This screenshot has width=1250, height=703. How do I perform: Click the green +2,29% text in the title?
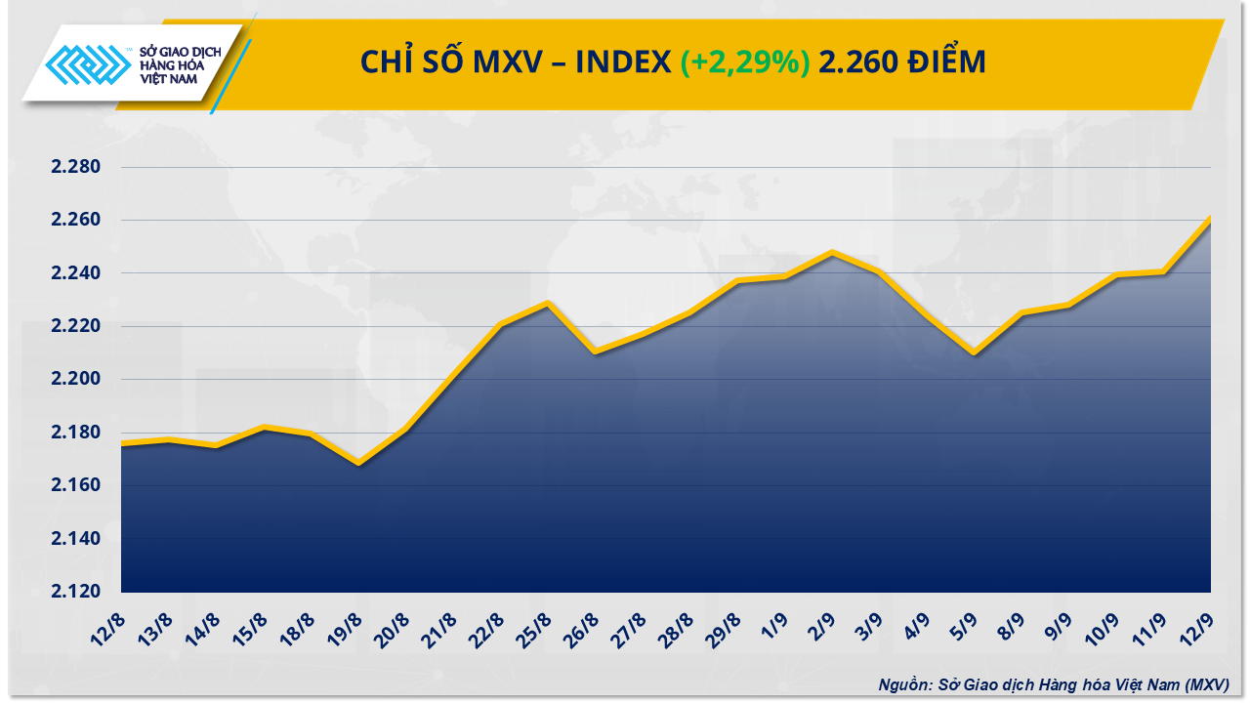pos(745,62)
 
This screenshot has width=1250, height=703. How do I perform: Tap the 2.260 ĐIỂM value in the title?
pos(902,62)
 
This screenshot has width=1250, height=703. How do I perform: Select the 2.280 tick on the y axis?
pos(76,167)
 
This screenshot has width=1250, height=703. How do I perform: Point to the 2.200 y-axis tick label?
pos(76,379)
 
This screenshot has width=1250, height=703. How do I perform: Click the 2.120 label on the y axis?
pos(76,592)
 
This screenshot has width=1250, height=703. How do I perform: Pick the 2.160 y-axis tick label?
pos(76,485)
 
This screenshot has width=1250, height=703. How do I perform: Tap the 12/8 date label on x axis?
pos(110,627)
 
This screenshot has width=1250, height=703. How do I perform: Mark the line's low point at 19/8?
pos(359,463)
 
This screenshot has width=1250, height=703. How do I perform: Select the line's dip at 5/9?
pos(974,352)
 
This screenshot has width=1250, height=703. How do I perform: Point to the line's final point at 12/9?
pos(1210,218)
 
